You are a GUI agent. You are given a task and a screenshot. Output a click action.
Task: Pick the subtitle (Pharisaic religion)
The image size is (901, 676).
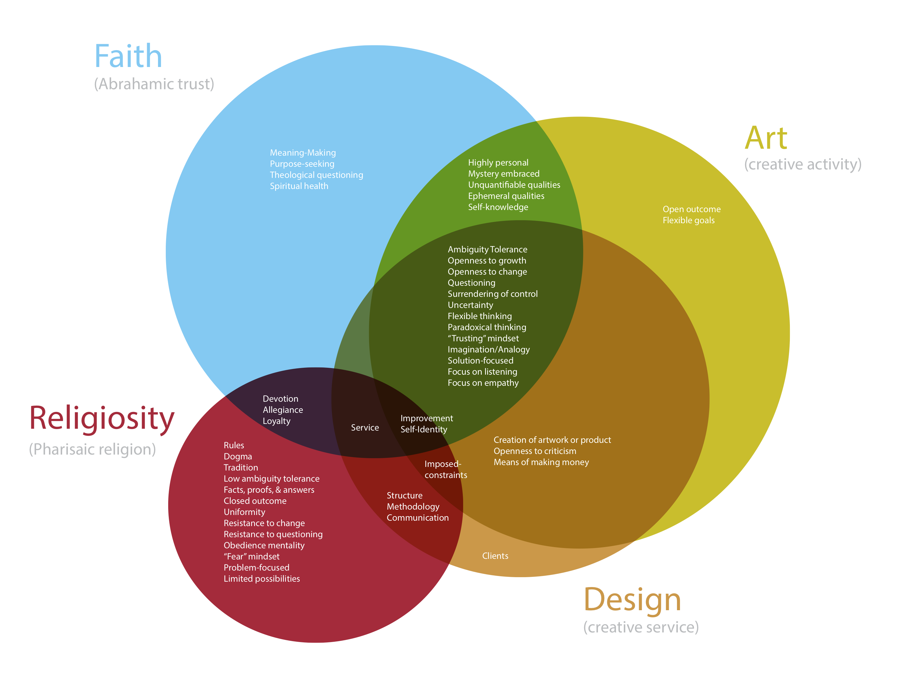point(93,449)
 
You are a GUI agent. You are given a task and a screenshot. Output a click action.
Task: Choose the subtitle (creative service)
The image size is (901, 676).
point(641,627)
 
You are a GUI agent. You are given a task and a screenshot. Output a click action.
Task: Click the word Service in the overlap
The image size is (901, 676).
point(365,428)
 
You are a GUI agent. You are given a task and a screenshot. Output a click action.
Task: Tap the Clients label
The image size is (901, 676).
point(495,556)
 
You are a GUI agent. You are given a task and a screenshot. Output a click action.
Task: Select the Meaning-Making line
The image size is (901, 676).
point(303,153)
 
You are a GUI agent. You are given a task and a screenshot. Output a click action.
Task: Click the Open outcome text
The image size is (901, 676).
point(692,209)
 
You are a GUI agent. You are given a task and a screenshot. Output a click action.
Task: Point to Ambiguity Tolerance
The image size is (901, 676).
point(487,249)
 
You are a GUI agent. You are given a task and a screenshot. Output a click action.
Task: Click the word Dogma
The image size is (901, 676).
point(238,457)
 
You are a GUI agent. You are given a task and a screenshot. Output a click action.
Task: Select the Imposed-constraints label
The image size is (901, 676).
point(446,469)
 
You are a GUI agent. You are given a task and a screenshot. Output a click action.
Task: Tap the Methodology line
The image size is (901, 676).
point(413,507)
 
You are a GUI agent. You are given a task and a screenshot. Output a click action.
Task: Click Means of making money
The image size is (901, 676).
point(541,462)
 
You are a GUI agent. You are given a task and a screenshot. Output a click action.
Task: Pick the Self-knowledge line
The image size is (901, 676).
point(498,207)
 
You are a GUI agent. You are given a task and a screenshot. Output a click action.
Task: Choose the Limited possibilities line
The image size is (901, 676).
point(262,579)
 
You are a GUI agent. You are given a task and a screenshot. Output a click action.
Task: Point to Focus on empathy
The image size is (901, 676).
point(483,383)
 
